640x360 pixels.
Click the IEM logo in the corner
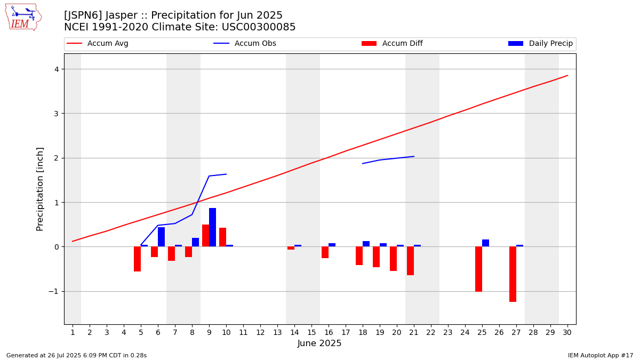(23, 17)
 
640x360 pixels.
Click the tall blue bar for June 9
(212, 227)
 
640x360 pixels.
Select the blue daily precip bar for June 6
(161, 237)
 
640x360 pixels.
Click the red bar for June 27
(513, 274)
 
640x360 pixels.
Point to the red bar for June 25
(478, 269)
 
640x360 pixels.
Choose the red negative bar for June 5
(137, 259)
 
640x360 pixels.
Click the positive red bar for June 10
(222, 237)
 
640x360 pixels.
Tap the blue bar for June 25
(485, 243)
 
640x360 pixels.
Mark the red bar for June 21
(410, 261)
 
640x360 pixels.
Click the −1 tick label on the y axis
(54, 291)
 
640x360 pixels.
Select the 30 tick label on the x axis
(567, 332)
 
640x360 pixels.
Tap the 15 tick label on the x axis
(311, 332)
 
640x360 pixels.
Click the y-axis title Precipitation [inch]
(40, 189)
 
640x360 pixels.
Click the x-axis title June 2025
(319, 343)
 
